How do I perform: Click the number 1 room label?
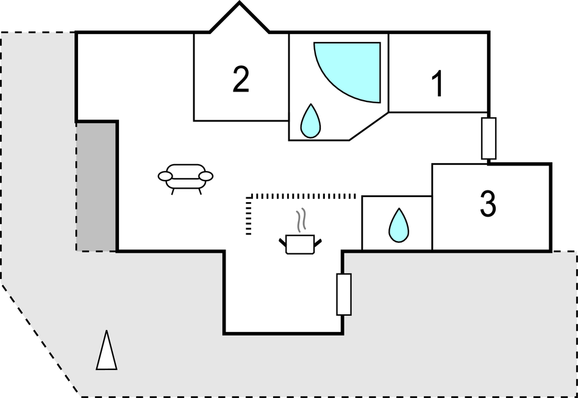pyautogui.click(x=437, y=84)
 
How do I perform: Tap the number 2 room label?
pyautogui.click(x=241, y=79)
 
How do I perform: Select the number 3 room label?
pyautogui.click(x=488, y=204)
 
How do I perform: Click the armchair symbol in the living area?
pyautogui.click(x=185, y=177)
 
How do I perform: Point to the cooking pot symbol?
pyautogui.click(x=300, y=244)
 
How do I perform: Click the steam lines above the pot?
pyautogui.click(x=301, y=220)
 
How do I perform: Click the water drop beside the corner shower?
pyautogui.click(x=311, y=121)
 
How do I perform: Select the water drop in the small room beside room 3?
pyautogui.click(x=399, y=225)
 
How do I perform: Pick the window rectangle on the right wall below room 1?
pyautogui.click(x=488, y=139)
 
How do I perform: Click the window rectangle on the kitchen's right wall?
pyautogui.click(x=344, y=294)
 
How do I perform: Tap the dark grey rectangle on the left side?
pyautogui.click(x=96, y=186)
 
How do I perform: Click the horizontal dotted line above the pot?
pyautogui.click(x=303, y=196)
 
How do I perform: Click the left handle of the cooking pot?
pyautogui.click(x=283, y=242)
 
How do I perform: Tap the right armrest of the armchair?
pyautogui.click(x=206, y=176)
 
